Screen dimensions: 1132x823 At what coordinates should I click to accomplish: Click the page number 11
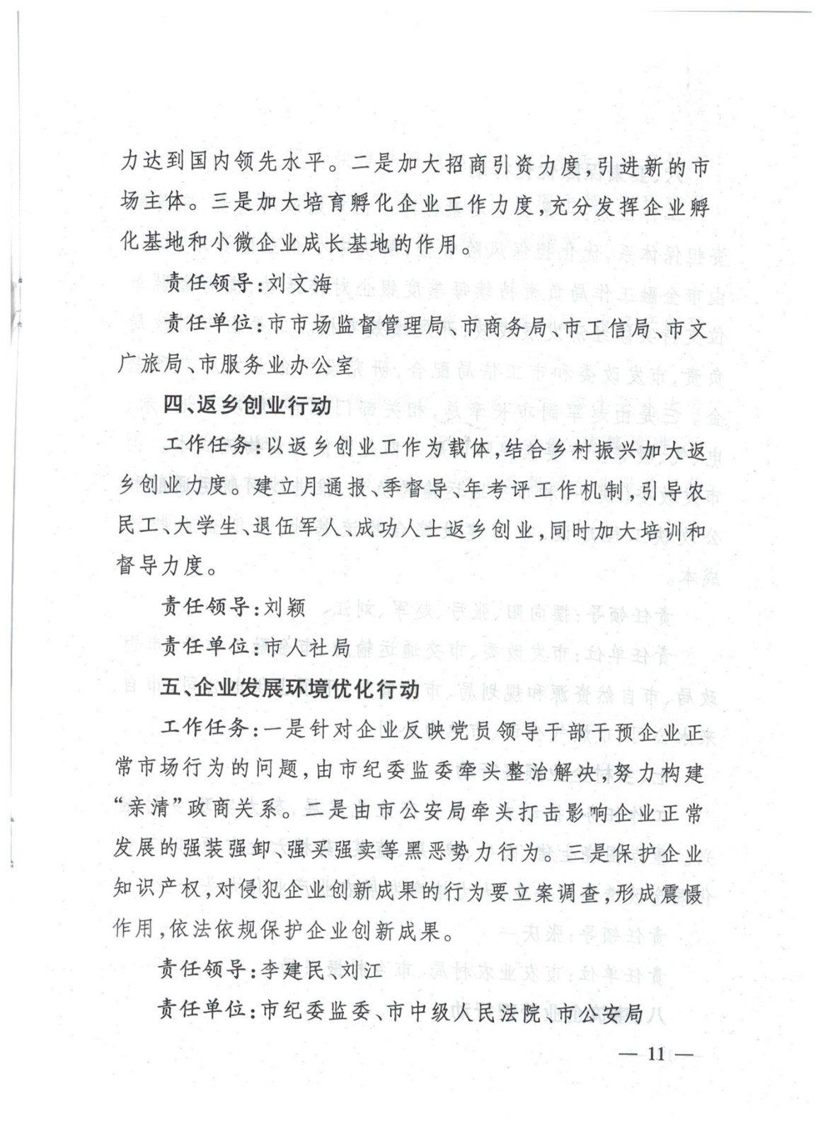point(655,1053)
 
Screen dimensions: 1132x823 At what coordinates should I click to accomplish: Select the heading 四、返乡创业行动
point(247,405)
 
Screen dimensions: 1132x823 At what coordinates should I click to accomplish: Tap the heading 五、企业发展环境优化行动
point(290,688)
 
